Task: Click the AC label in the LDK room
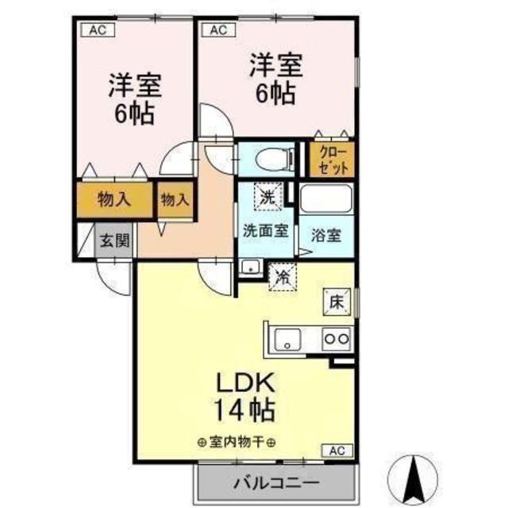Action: click(x=337, y=450)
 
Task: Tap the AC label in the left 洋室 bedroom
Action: click(x=98, y=30)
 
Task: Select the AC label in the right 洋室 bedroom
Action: click(x=219, y=30)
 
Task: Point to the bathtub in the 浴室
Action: click(x=326, y=198)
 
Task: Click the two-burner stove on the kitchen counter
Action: click(x=337, y=339)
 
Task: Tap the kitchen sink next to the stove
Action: click(x=287, y=339)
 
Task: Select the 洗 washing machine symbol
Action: click(x=268, y=197)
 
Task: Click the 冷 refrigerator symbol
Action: click(x=283, y=277)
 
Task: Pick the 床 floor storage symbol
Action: click(x=337, y=302)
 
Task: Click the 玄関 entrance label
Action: click(x=114, y=241)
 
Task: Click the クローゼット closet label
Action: click(x=333, y=160)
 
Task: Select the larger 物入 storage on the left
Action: click(x=114, y=199)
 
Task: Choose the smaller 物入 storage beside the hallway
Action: click(x=175, y=199)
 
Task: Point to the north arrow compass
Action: click(x=413, y=479)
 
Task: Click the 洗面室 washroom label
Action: click(x=266, y=231)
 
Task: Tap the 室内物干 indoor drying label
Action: click(x=237, y=441)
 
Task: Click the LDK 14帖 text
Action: click(x=245, y=396)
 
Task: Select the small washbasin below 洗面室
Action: click(x=250, y=267)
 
